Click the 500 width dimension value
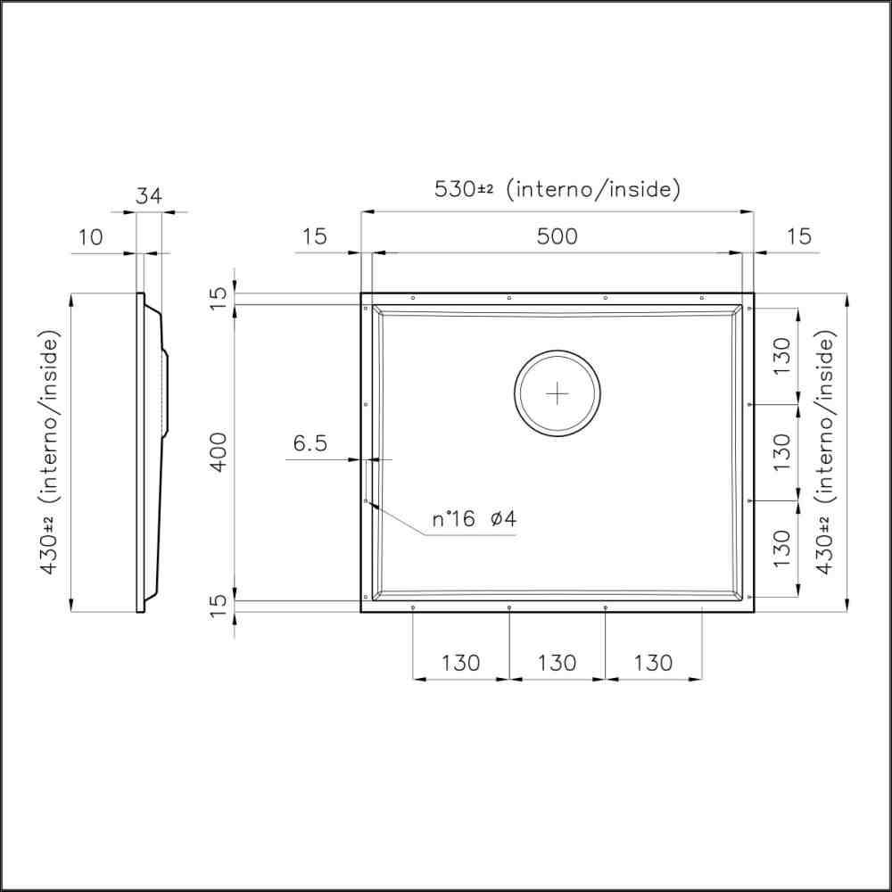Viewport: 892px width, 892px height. [x=557, y=236]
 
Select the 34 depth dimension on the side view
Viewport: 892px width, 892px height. [x=148, y=196]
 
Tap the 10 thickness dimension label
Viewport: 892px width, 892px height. [x=90, y=236]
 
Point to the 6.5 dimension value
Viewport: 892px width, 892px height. [x=310, y=442]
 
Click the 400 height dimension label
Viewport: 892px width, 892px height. [x=219, y=452]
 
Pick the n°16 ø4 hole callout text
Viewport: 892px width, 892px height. [x=475, y=519]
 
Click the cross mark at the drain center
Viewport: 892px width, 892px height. [x=557, y=393]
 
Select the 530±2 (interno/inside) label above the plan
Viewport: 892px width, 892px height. [x=557, y=189]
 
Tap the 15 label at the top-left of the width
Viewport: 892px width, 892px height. [x=314, y=236]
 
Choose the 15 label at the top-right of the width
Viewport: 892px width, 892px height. [x=799, y=236]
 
